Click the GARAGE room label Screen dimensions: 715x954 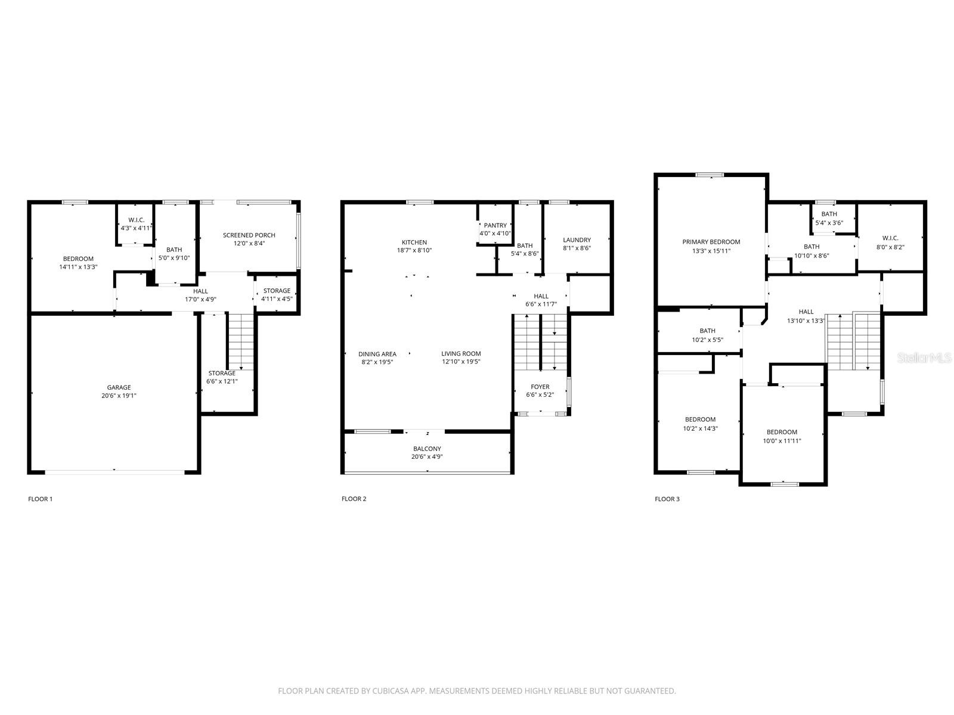tap(119, 387)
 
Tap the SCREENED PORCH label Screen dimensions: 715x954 tap(249, 235)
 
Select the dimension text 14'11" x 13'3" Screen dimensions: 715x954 tap(78, 267)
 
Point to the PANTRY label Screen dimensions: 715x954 tap(495, 225)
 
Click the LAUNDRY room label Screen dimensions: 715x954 tap(577, 240)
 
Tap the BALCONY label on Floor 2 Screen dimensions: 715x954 tap(427, 449)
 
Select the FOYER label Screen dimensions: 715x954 tap(540, 387)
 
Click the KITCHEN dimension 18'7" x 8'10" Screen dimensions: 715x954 tap(414, 250)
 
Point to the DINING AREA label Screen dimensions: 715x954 tap(377, 354)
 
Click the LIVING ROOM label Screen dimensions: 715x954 tap(461, 353)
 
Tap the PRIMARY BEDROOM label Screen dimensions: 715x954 tap(711, 242)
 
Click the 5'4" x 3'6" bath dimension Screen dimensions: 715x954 tap(829, 223)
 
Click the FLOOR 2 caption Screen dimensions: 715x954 tap(354, 499)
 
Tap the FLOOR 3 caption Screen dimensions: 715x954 tap(667, 499)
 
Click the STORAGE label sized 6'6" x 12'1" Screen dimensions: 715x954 tap(222, 374)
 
